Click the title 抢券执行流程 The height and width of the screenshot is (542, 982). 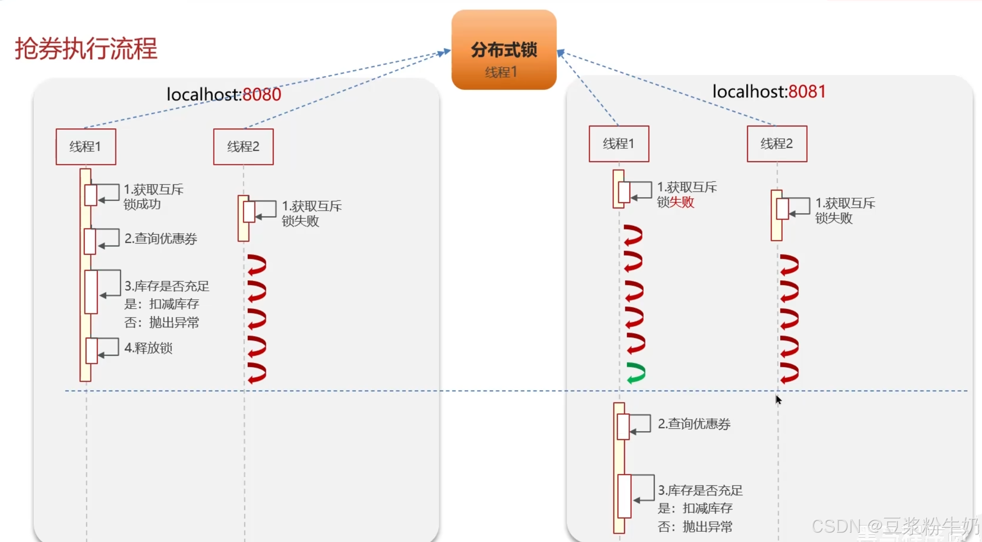click(x=86, y=48)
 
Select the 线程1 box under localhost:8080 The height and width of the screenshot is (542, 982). click(x=86, y=147)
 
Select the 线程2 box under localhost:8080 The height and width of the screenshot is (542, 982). click(x=243, y=147)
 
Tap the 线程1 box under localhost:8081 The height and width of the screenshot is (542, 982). click(x=619, y=143)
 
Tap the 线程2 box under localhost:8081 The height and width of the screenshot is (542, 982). click(x=777, y=143)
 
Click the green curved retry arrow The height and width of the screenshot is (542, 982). click(x=636, y=373)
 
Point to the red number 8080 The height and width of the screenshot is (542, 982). click(x=262, y=94)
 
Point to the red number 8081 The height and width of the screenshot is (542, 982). click(x=807, y=91)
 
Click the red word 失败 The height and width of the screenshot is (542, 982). click(x=682, y=202)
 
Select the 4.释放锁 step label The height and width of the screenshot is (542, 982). click(x=148, y=348)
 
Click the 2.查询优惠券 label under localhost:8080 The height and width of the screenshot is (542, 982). click(x=160, y=239)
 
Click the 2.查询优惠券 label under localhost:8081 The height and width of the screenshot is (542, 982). click(x=694, y=424)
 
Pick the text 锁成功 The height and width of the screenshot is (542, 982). click(x=142, y=204)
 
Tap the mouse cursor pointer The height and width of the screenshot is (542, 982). click(x=778, y=399)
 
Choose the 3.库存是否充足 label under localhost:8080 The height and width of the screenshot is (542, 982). click(x=167, y=286)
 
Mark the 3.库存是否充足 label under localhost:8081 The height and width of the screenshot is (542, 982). click(x=700, y=490)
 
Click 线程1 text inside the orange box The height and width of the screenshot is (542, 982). click(x=501, y=72)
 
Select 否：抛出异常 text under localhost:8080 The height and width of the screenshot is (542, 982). click(x=161, y=322)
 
